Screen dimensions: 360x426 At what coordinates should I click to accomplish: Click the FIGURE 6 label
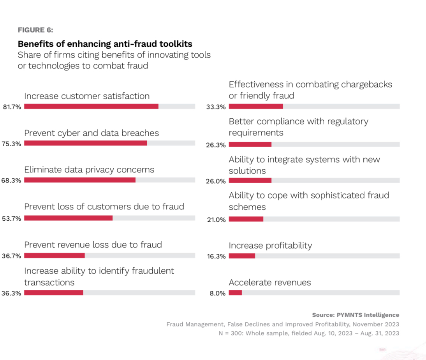(x=35, y=30)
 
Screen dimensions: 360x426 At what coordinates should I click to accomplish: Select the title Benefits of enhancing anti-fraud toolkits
(x=105, y=43)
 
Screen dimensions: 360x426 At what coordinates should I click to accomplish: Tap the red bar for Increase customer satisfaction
(x=91, y=106)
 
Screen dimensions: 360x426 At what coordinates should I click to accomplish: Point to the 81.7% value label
(x=11, y=107)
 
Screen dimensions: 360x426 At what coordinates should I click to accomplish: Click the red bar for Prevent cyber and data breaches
(x=85, y=143)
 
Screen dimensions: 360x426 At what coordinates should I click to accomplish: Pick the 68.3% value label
(x=11, y=181)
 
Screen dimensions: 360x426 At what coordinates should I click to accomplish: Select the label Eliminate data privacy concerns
(x=89, y=170)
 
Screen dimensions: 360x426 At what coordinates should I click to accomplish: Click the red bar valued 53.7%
(x=68, y=218)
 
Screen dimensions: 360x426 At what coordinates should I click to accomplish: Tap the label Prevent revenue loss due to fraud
(x=93, y=245)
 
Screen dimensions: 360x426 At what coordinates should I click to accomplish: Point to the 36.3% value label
(x=11, y=293)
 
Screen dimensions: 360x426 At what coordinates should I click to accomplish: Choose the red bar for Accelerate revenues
(x=235, y=293)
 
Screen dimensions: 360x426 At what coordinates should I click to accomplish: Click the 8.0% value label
(x=217, y=293)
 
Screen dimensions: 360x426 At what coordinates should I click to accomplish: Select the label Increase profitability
(x=270, y=246)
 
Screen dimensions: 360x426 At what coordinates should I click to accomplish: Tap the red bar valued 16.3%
(x=242, y=256)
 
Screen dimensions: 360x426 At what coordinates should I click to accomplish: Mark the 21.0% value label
(x=216, y=220)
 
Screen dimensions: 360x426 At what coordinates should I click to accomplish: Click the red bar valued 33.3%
(x=255, y=106)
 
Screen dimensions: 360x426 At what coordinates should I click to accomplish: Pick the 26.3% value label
(x=216, y=145)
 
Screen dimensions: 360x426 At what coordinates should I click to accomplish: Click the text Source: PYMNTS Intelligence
(x=356, y=315)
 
